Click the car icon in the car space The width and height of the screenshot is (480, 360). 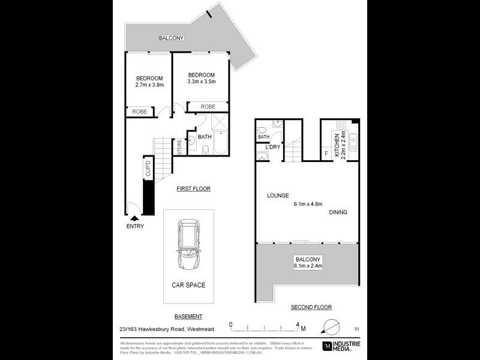pyautogui.click(x=188, y=245)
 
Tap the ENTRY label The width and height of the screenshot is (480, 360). pyautogui.click(x=135, y=226)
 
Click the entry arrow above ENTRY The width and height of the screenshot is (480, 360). pyautogui.click(x=135, y=218)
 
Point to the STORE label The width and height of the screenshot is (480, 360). pyautogui.click(x=179, y=146)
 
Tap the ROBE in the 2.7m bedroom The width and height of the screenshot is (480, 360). pyautogui.click(x=139, y=112)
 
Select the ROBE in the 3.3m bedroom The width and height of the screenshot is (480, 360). pyautogui.click(x=208, y=107)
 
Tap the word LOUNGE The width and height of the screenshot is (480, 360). pyautogui.click(x=278, y=196)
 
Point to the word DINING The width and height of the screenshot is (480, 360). pyautogui.click(x=337, y=212)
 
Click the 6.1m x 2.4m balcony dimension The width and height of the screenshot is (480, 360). pyautogui.click(x=308, y=266)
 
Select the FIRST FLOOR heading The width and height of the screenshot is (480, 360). pyautogui.click(x=193, y=189)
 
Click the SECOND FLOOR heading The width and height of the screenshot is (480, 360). pyautogui.click(x=311, y=307)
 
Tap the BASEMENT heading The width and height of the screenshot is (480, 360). pyautogui.click(x=188, y=316)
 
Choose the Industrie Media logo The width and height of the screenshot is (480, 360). pyautogui.click(x=344, y=345)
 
